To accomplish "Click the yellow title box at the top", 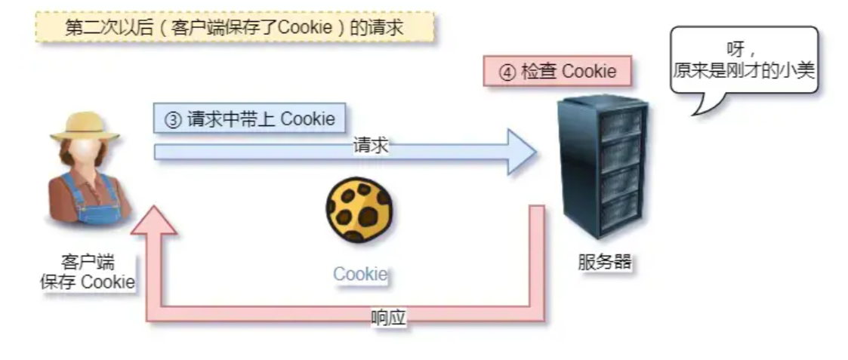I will [x=234, y=27].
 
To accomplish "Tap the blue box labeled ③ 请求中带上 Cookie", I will [x=249, y=119].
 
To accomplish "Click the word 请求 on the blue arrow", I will [x=370, y=146].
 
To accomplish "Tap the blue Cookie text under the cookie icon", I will [x=360, y=274].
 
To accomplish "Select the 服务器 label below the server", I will [x=604, y=263].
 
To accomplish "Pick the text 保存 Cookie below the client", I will [x=88, y=282].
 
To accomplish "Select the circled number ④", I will [x=507, y=72].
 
